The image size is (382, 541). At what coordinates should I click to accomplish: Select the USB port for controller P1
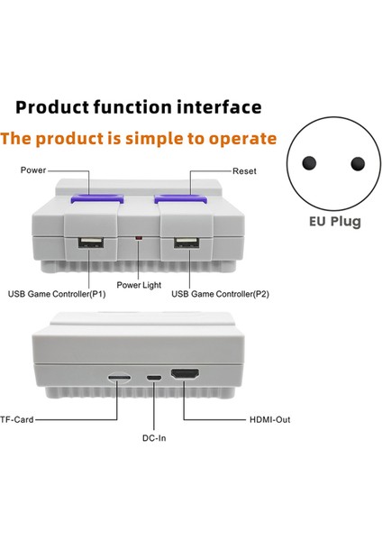click(x=88, y=243)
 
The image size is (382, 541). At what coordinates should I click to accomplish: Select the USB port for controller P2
click(x=186, y=243)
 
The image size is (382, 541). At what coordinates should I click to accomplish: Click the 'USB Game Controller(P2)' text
click(x=219, y=294)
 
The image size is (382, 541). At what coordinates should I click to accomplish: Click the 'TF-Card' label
click(x=17, y=419)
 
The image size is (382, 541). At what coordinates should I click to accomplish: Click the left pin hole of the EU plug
click(x=309, y=163)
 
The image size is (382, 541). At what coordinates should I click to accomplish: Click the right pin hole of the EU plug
click(x=358, y=163)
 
